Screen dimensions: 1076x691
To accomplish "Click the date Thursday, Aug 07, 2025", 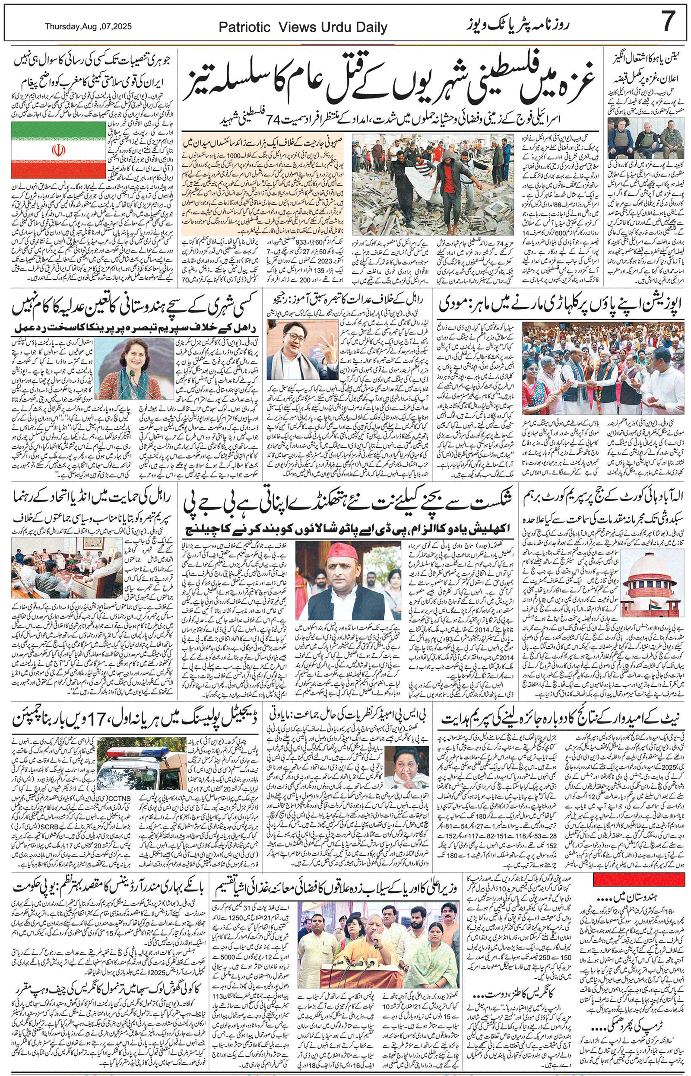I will [x=88, y=27].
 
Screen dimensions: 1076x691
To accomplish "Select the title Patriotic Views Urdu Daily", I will [x=303, y=28].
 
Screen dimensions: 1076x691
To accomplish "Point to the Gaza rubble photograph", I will [x=433, y=184].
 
